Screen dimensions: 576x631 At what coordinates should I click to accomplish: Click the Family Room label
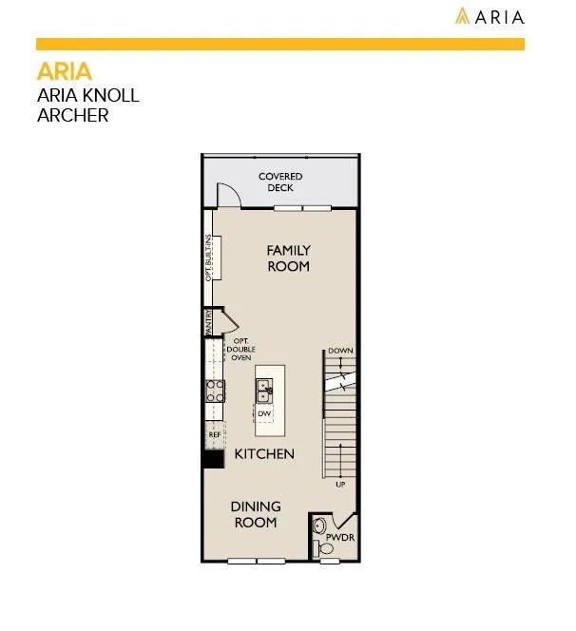point(289,258)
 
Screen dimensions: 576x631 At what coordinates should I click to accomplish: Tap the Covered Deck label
point(280,182)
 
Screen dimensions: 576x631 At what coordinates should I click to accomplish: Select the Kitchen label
point(264,454)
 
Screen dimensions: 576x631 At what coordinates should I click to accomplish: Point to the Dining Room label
point(256,514)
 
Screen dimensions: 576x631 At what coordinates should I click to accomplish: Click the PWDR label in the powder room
point(340,537)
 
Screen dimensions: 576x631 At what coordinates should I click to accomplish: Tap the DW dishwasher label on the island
point(264,413)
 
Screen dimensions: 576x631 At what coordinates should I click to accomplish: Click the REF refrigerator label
point(215,435)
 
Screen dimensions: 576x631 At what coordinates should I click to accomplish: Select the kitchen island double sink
point(264,391)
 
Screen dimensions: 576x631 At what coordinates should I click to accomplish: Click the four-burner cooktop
point(215,392)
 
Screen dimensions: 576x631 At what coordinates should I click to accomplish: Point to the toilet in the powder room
point(323,548)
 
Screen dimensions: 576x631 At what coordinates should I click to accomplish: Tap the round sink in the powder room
point(319,526)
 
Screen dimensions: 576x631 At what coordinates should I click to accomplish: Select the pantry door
point(231,321)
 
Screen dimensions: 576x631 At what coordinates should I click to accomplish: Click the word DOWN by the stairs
point(340,351)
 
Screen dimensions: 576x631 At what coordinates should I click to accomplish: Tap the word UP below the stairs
point(340,485)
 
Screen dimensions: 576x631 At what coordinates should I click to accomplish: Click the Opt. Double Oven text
point(240,350)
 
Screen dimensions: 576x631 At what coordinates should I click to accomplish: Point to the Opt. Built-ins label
point(208,258)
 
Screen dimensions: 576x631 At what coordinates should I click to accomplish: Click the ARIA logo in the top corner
point(490,16)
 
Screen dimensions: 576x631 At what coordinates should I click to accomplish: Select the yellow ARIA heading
point(65,71)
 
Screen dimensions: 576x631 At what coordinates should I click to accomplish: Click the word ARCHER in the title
point(73,116)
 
